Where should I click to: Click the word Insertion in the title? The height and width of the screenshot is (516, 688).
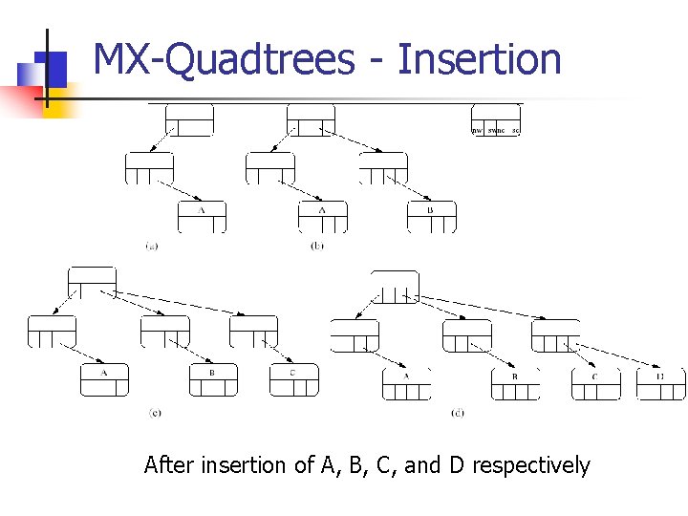click(479, 59)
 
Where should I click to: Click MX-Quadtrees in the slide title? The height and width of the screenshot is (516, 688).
click(223, 59)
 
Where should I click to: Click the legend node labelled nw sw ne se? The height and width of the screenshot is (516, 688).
click(496, 119)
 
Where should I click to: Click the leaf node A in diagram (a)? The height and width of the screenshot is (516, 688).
click(202, 217)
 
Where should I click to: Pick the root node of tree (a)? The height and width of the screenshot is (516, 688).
click(189, 119)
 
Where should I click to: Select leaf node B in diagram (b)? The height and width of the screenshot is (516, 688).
click(431, 217)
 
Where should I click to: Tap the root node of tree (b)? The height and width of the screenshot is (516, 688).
click(311, 119)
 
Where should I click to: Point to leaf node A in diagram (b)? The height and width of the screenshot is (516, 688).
click(322, 217)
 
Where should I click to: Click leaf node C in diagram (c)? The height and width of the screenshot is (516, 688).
click(293, 379)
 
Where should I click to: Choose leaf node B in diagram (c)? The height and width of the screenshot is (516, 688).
click(213, 379)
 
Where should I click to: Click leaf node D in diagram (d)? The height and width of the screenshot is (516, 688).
click(660, 383)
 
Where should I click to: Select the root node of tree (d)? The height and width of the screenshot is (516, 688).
click(395, 287)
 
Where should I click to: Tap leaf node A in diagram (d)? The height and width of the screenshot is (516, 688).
click(406, 383)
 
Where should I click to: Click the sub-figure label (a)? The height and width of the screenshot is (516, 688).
click(152, 246)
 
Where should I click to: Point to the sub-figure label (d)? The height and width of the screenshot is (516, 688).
click(458, 413)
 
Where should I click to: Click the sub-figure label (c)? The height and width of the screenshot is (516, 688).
click(155, 413)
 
